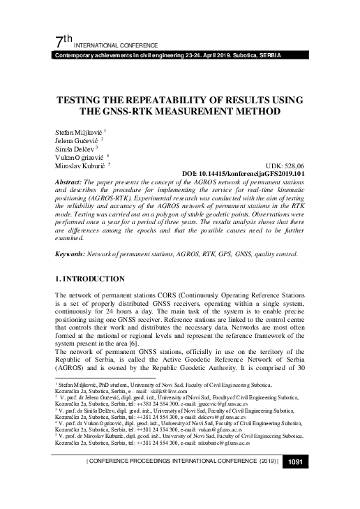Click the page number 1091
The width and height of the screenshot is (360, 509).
coord(293,481)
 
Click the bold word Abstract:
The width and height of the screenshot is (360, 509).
coord(70,183)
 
